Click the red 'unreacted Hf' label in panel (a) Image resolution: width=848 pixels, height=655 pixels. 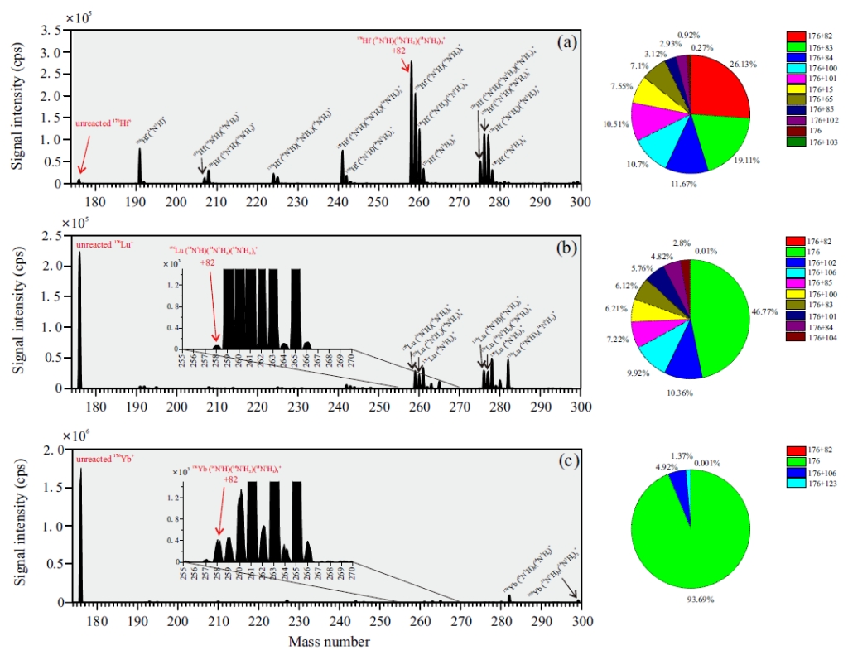[98, 123]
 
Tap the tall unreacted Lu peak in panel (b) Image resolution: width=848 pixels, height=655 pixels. [79, 323]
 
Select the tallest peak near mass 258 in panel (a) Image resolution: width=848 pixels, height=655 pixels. [411, 116]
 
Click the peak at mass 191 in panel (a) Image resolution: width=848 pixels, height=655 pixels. [140, 166]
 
